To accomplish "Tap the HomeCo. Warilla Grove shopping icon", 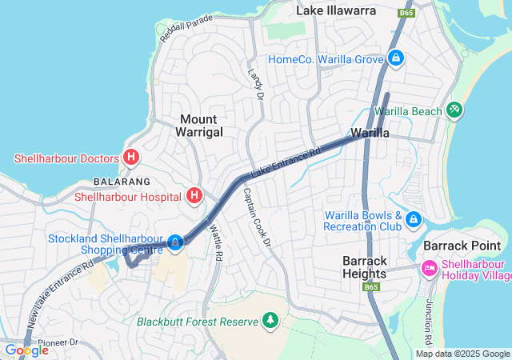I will click(395, 58).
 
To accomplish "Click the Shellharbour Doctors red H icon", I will click(131, 158).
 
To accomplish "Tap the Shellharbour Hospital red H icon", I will click(194, 195).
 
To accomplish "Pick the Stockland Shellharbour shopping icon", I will click(174, 240).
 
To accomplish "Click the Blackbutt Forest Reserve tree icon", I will click(270, 322).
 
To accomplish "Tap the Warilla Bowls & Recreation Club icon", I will click(413, 218).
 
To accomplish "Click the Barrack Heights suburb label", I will click(366, 267).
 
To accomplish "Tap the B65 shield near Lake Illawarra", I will click(406, 14).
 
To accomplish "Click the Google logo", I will click(26, 350).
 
